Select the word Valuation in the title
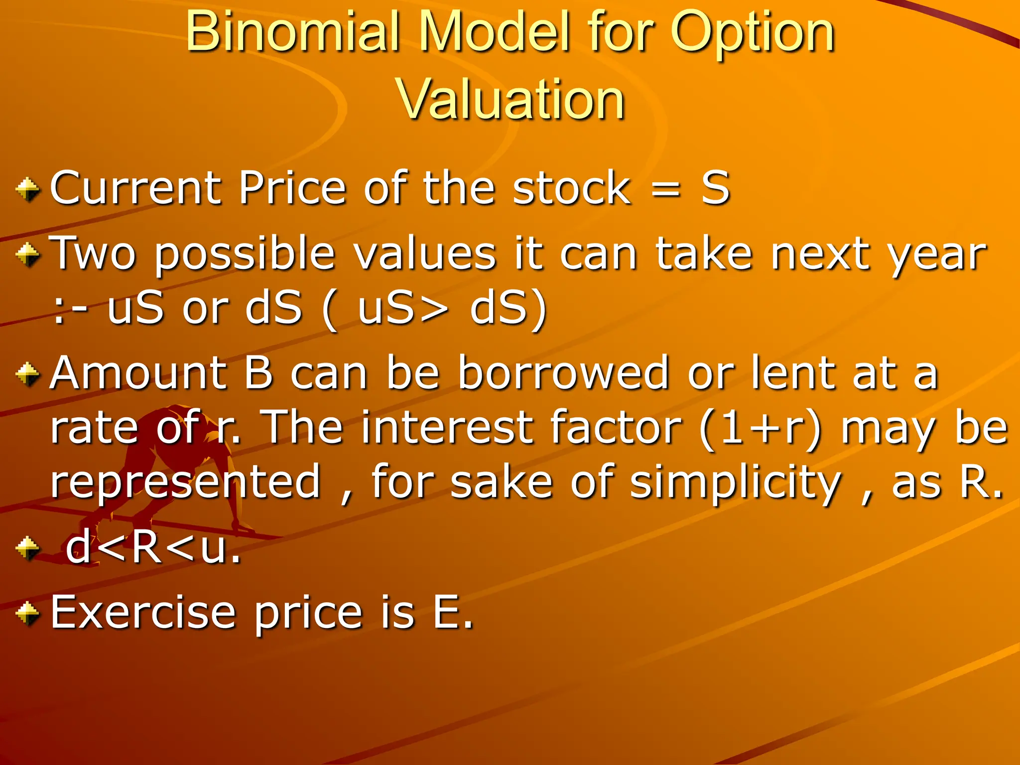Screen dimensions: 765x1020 click(x=510, y=100)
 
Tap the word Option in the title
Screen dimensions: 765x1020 click(x=753, y=33)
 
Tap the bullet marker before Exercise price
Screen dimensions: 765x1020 click(x=27, y=613)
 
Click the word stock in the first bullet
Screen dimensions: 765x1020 click(x=572, y=188)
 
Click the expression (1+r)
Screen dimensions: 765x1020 click(x=760, y=428)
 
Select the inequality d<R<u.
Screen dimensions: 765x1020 click(x=153, y=548)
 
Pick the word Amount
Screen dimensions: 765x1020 click(x=136, y=373)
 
